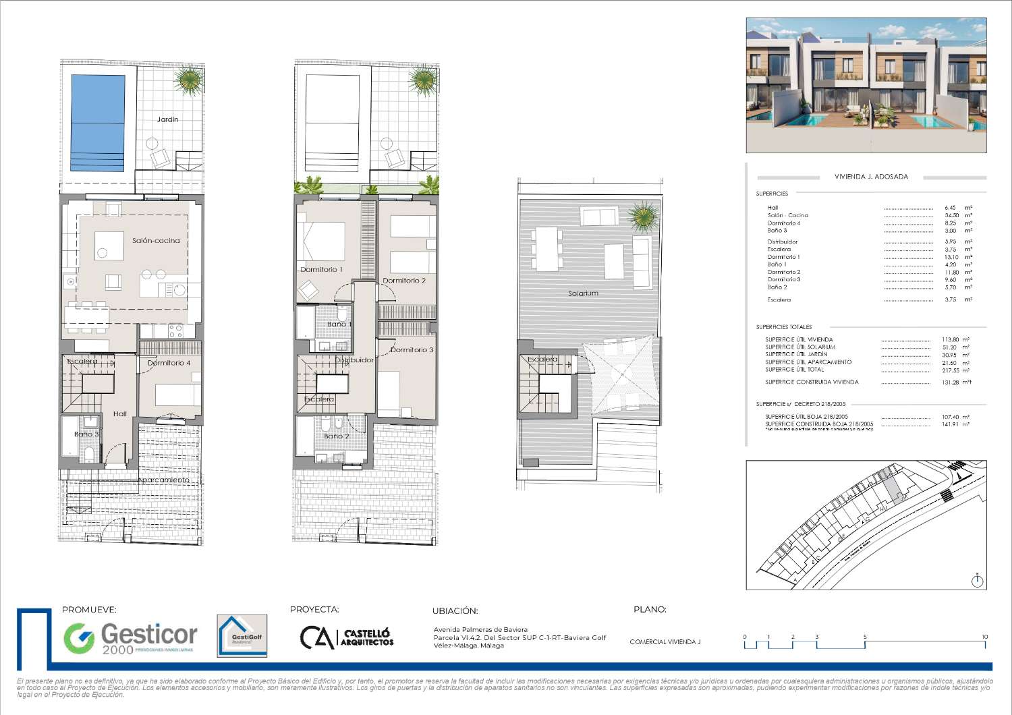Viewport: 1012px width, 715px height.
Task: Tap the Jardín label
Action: point(167,119)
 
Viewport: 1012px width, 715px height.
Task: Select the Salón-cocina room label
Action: point(156,241)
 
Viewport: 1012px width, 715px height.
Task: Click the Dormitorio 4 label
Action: point(169,363)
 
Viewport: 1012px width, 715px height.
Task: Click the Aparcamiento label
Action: point(165,480)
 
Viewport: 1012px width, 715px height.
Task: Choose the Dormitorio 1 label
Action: point(321,270)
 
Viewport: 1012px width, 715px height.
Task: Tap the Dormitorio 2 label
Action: point(404,281)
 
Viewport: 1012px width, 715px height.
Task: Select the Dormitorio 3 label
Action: point(412,350)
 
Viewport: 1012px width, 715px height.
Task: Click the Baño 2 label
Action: point(336,436)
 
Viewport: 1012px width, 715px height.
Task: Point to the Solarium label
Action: point(583,293)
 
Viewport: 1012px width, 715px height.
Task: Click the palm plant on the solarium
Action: point(642,217)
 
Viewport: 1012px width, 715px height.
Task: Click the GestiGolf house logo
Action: point(242,635)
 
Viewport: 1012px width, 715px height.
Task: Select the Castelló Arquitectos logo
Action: point(347,637)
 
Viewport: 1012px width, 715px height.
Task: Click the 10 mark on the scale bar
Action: point(984,637)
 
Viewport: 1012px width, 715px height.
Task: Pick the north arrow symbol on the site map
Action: point(978,580)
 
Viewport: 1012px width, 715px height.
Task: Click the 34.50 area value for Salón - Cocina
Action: point(950,216)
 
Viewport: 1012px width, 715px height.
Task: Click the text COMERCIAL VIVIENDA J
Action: point(665,642)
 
